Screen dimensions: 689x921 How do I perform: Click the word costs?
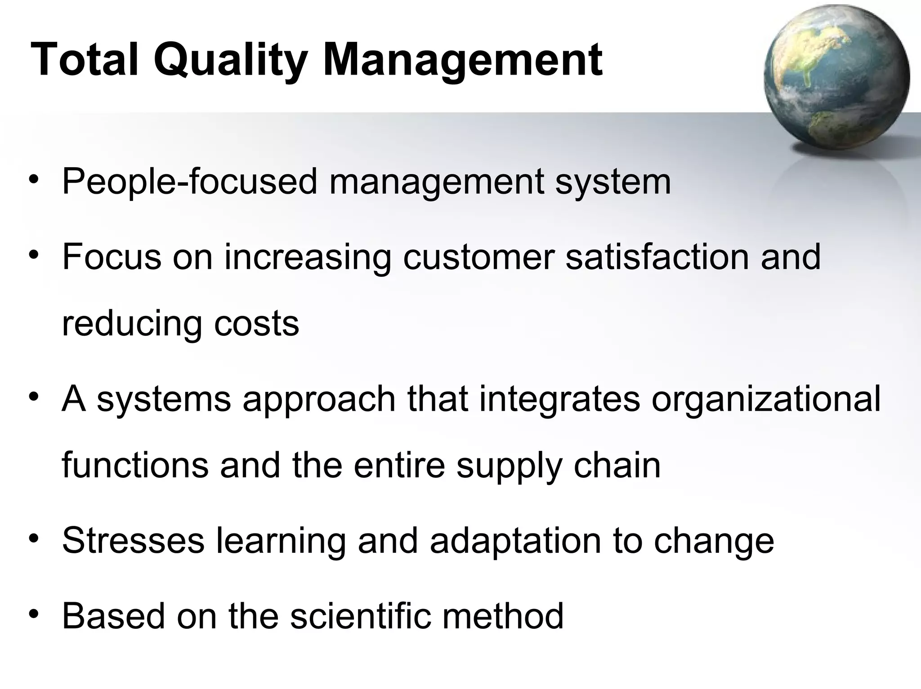pyautogui.click(x=256, y=324)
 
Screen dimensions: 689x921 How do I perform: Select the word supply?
pyautogui.click(x=509, y=467)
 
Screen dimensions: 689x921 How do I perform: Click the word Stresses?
pyautogui.click(x=133, y=541)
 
